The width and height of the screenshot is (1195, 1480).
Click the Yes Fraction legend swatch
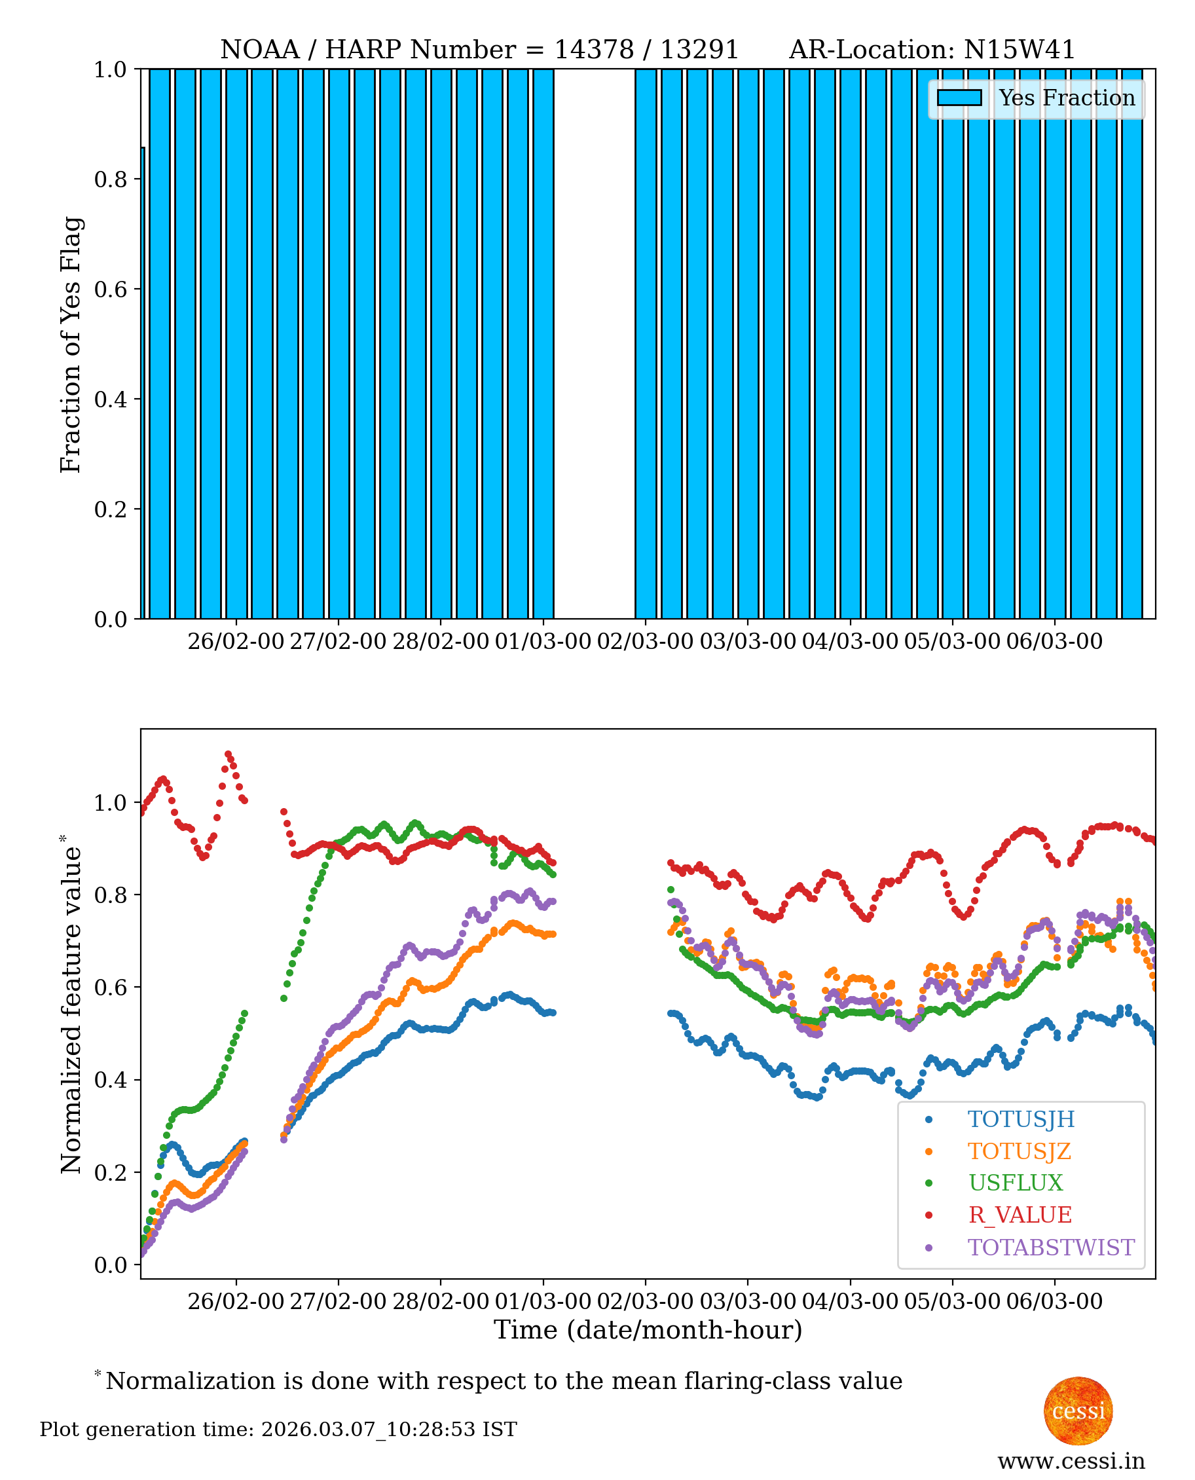(959, 98)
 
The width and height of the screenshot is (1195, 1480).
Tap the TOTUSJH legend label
(1021, 1119)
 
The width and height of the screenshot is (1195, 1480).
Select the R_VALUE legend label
(1020, 1215)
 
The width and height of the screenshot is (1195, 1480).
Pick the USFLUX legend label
(1016, 1183)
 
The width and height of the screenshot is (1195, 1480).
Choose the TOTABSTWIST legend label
(1050, 1247)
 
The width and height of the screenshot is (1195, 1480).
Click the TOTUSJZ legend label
(1019, 1151)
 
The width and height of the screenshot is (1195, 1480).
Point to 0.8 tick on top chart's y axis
(110, 179)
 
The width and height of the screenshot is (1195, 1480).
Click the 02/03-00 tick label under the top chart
(644, 641)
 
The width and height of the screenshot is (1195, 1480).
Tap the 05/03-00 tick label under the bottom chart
(951, 1301)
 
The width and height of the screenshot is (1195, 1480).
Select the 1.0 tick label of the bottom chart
(110, 803)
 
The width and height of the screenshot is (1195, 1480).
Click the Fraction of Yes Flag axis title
(71, 344)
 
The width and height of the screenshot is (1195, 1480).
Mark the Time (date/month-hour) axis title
(648, 1330)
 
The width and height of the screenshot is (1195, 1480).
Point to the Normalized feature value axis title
(71, 1005)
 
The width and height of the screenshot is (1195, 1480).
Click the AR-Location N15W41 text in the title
(931, 50)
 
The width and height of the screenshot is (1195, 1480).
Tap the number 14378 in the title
(593, 50)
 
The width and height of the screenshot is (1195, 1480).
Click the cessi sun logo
(1078, 1411)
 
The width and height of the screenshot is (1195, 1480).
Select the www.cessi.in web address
(1071, 1460)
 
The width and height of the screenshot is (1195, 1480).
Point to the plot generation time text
(278, 1430)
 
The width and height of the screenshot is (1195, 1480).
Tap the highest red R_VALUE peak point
(229, 754)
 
